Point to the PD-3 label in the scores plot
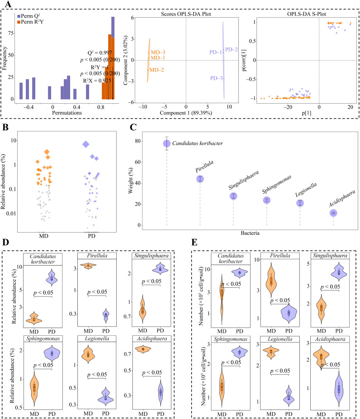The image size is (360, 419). pos(217,78)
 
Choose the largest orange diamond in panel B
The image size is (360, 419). pos(47,152)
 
